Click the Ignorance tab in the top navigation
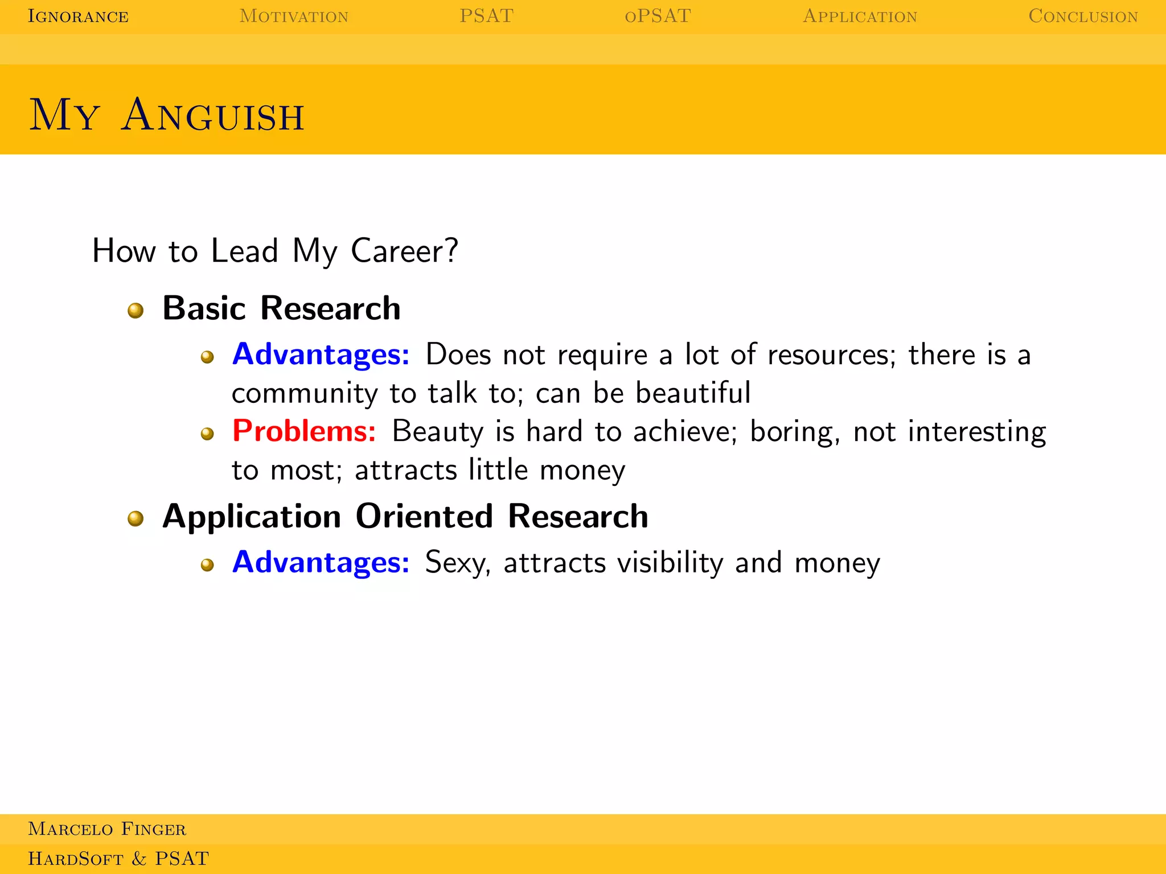point(78,17)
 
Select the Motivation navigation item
point(294,17)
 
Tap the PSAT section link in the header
point(486,16)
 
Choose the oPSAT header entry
point(658,16)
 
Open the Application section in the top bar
point(860,17)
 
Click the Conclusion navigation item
point(1083,17)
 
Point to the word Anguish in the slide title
point(213,116)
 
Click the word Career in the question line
point(404,251)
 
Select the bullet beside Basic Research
point(136,310)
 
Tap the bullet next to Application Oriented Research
point(136,518)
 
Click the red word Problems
point(304,431)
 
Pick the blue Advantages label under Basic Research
point(321,354)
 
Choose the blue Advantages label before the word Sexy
point(321,562)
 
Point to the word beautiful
point(693,393)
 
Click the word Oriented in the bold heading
point(424,516)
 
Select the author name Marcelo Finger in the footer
point(107,829)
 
